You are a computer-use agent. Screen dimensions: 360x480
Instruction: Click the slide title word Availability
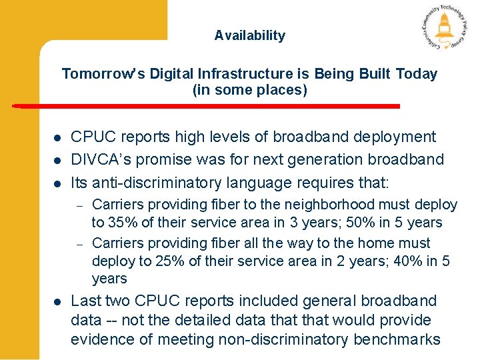pos(249,36)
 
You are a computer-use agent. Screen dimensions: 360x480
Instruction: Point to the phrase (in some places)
pos(250,90)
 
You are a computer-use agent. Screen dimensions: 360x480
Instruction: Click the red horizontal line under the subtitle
pos(207,106)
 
